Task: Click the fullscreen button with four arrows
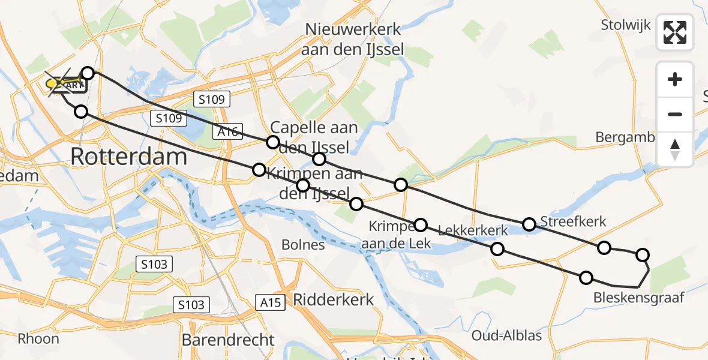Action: [675, 32]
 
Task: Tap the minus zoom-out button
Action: [675, 114]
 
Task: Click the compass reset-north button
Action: [675, 149]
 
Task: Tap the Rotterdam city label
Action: [129, 157]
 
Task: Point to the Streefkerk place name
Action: [573, 222]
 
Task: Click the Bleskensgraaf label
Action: [638, 298]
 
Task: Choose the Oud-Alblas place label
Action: [507, 335]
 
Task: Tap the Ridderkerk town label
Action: [334, 299]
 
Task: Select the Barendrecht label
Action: [228, 340]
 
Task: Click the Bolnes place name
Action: [303, 245]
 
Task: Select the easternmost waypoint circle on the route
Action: [643, 255]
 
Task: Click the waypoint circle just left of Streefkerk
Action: [529, 224]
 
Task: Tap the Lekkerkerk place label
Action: [473, 230]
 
